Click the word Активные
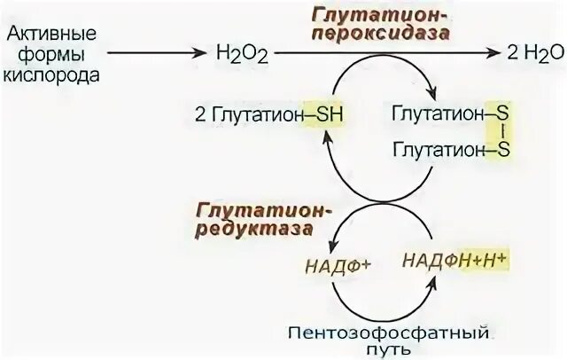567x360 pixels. click(x=51, y=34)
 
